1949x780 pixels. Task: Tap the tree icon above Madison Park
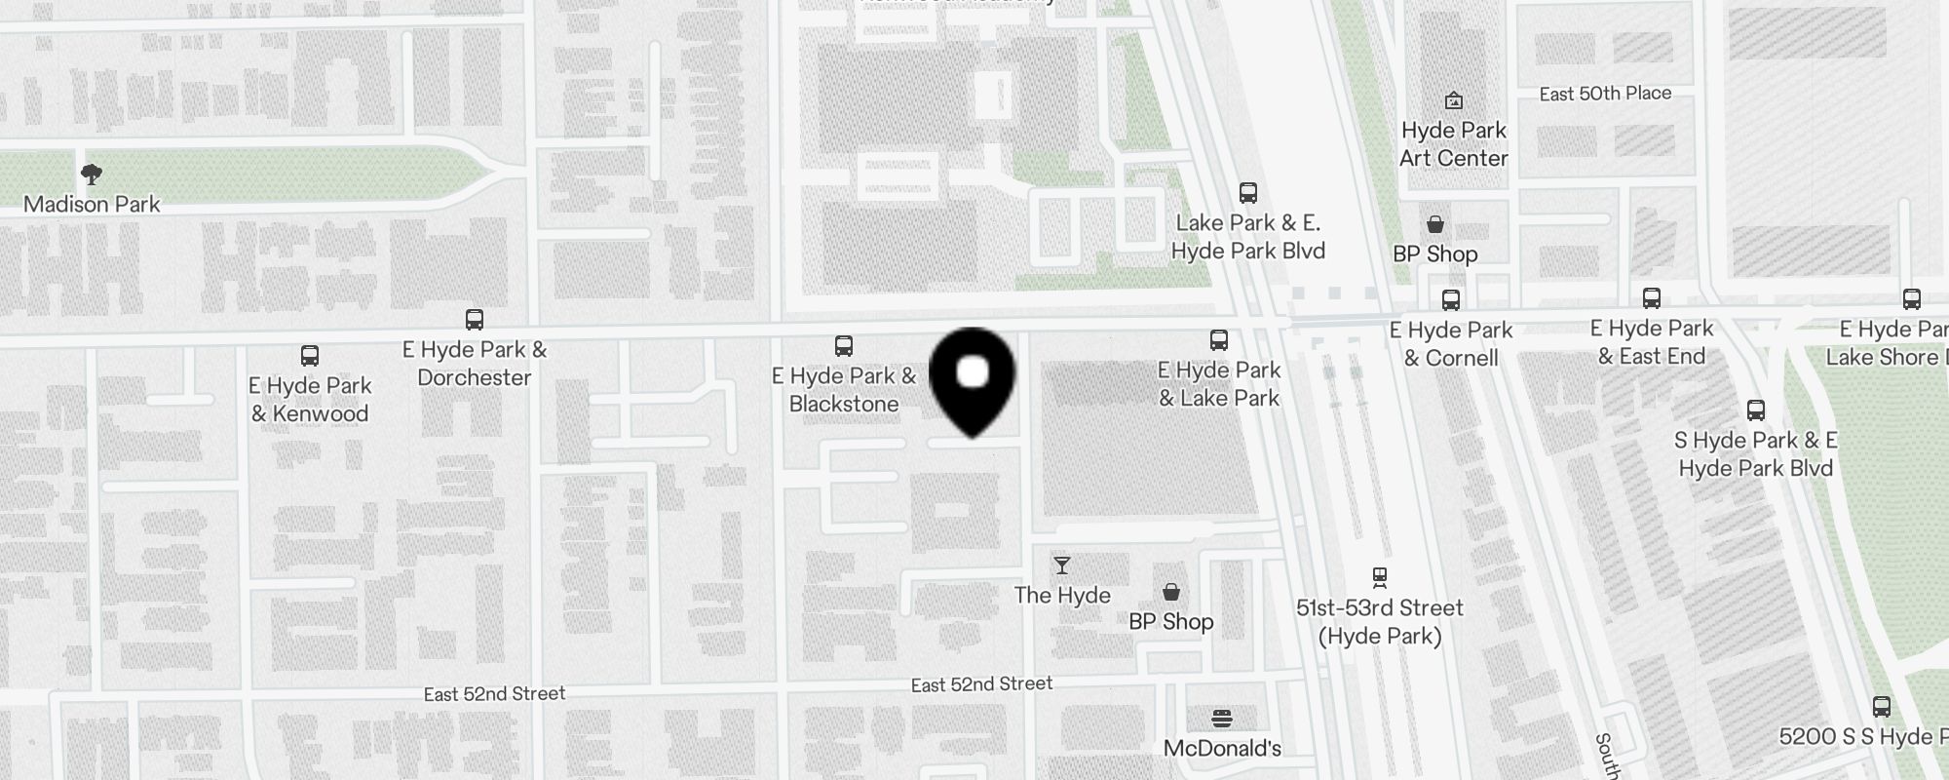point(92,175)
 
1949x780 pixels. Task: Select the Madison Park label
point(92,205)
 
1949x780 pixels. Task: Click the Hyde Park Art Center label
point(1453,144)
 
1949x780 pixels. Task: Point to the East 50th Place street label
point(1605,94)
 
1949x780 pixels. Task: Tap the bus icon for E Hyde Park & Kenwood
point(310,356)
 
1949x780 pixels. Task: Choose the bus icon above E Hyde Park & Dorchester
point(475,320)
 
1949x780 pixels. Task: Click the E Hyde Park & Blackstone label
point(844,390)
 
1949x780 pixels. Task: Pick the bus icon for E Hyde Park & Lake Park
point(1219,340)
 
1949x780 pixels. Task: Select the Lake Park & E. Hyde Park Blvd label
point(1248,237)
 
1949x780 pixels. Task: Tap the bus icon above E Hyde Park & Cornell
point(1451,300)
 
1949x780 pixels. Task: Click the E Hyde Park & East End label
point(1652,342)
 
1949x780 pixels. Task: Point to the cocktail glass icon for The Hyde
point(1062,565)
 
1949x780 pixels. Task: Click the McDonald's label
point(1222,749)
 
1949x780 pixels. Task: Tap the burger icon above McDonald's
point(1222,720)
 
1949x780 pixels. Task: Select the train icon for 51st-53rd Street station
point(1379,577)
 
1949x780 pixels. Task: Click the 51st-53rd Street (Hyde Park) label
point(1379,622)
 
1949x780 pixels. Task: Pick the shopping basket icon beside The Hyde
point(1171,592)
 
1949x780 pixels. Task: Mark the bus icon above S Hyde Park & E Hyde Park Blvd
point(1756,410)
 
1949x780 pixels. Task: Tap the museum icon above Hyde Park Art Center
point(1453,100)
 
